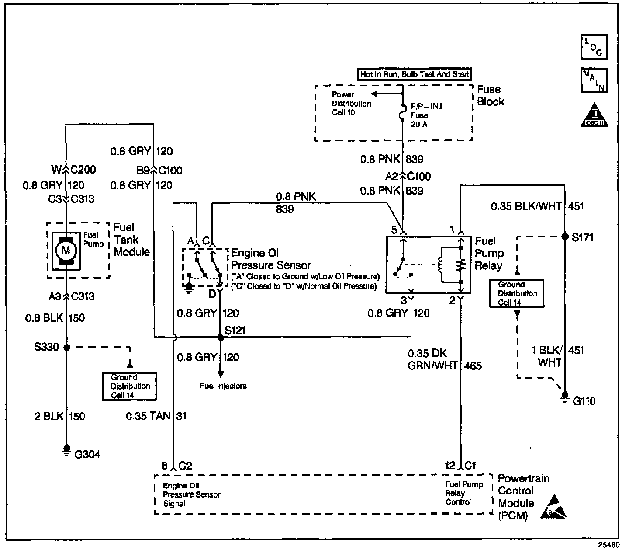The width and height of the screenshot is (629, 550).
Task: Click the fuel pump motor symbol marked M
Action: click(x=66, y=250)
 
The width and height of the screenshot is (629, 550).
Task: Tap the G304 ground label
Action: click(x=87, y=454)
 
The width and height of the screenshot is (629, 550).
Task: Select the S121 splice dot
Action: click(x=221, y=337)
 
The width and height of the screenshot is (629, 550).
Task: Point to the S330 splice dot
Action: click(x=67, y=347)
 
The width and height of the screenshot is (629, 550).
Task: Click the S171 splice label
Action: click(x=583, y=237)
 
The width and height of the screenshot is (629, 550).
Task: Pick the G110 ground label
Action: click(x=584, y=401)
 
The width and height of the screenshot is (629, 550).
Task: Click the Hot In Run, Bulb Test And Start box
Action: click(x=415, y=74)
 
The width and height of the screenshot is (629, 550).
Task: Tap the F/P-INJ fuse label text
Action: click(x=426, y=106)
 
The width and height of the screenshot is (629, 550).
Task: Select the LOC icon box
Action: click(x=594, y=46)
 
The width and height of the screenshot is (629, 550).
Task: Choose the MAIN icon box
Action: click(x=594, y=80)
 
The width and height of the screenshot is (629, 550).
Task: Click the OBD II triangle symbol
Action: click(x=594, y=116)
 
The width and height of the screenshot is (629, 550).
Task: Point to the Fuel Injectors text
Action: click(x=223, y=386)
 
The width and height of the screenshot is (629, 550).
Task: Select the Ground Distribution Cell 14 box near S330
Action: click(x=129, y=386)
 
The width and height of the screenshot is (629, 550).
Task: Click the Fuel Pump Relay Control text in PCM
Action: click(x=464, y=493)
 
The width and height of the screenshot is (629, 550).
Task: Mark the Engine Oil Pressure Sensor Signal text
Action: click(x=191, y=494)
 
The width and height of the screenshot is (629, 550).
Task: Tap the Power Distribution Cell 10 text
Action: click(x=351, y=104)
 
